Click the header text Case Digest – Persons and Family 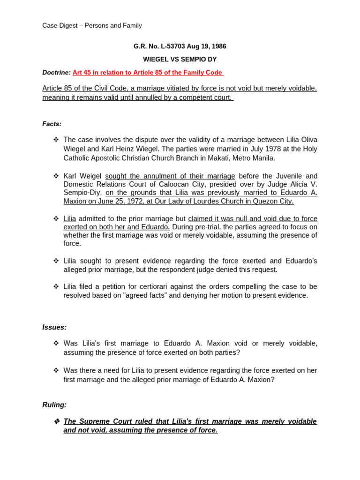(x=92, y=26)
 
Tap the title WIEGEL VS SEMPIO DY (x=180, y=60)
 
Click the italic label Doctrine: (x=56, y=73)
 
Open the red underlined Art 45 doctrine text (x=148, y=73)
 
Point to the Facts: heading (x=52, y=124)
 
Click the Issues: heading (x=54, y=327)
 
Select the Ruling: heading (x=54, y=405)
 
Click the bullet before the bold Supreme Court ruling (x=56, y=421)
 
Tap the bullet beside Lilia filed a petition (x=56, y=286)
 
